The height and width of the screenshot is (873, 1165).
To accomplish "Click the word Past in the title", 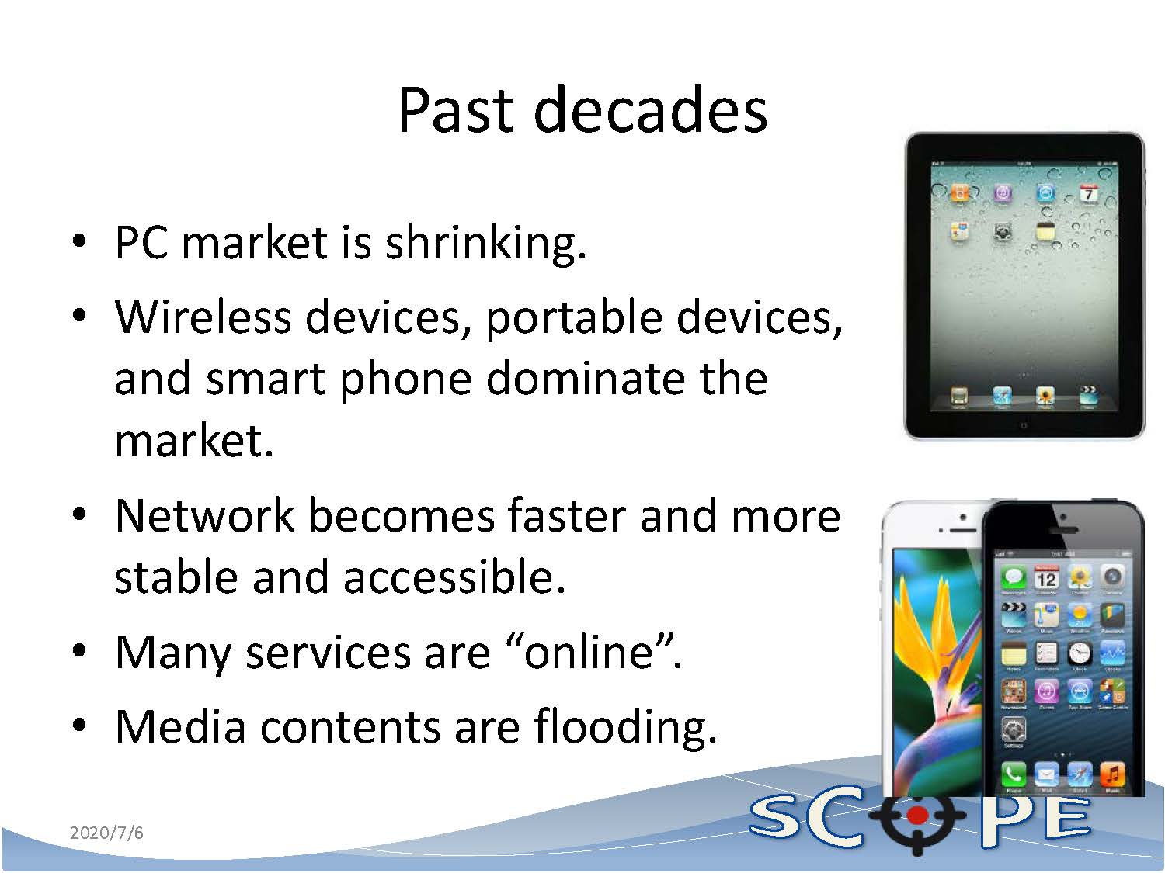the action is coord(457,110).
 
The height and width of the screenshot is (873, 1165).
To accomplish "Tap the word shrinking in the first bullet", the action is coord(485,244).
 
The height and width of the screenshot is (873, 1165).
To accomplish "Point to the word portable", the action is coord(574,319).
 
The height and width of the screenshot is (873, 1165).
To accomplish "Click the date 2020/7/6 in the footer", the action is coord(106,833).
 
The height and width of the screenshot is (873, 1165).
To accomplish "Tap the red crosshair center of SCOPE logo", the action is coord(916,816).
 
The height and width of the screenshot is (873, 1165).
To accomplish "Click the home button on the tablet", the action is coord(1024,425).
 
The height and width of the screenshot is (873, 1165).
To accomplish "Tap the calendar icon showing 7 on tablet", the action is coord(1089,193).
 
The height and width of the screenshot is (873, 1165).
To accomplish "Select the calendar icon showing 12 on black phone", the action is coord(1046,579).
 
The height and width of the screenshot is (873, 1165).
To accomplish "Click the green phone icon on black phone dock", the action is coord(1013,775).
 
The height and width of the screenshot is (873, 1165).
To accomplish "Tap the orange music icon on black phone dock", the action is coord(1113,775).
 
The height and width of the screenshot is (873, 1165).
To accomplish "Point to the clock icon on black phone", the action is coord(1080,653).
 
